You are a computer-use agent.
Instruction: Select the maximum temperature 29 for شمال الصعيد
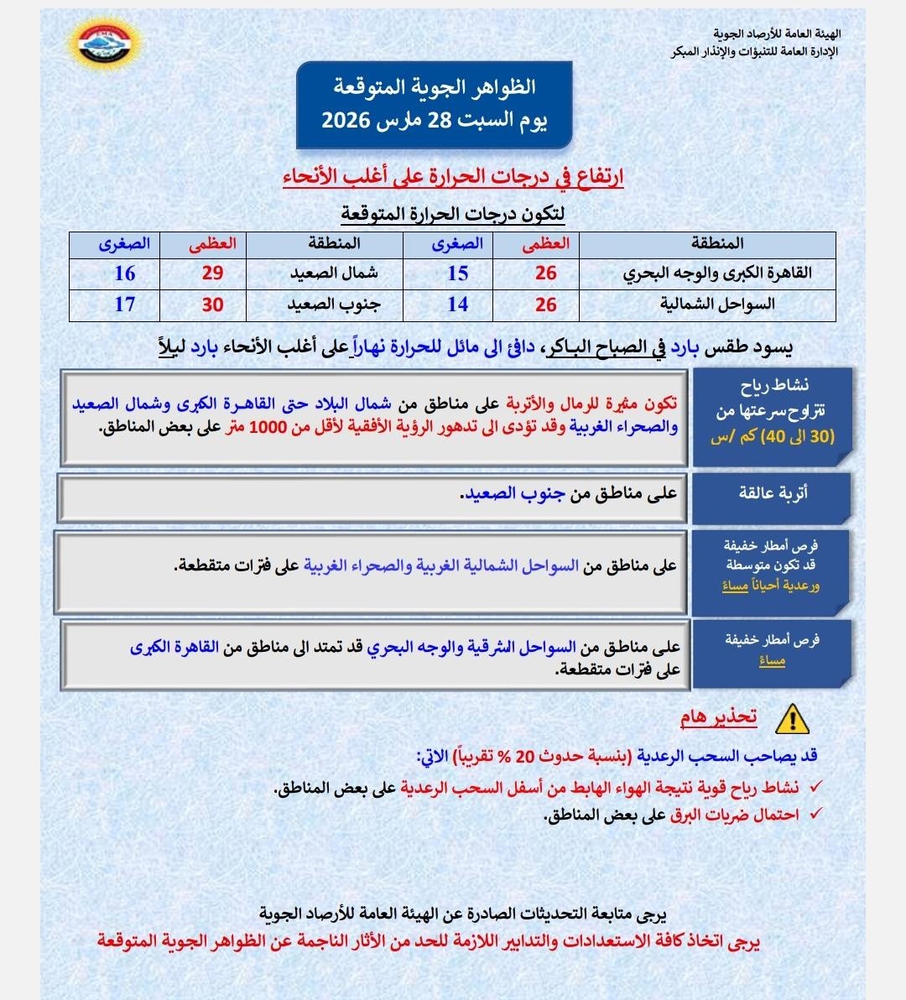[212, 273]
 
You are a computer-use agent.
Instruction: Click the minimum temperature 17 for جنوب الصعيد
[124, 305]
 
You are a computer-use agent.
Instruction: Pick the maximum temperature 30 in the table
[212, 305]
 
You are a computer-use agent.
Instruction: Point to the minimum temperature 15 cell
[457, 273]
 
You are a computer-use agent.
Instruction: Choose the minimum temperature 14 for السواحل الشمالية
[457, 305]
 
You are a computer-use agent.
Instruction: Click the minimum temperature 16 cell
[124, 273]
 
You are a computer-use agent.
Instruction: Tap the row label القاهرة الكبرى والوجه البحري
[716, 273]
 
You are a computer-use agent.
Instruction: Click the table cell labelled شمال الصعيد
[334, 273]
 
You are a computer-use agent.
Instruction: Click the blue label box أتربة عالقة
[772, 493]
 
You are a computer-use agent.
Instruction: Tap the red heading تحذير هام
[718, 717]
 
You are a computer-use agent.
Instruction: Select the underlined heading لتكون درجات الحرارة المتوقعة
[453, 214]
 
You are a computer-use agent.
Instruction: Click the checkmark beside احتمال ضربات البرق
[815, 815]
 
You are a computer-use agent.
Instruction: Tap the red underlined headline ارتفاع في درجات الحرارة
[453, 177]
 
